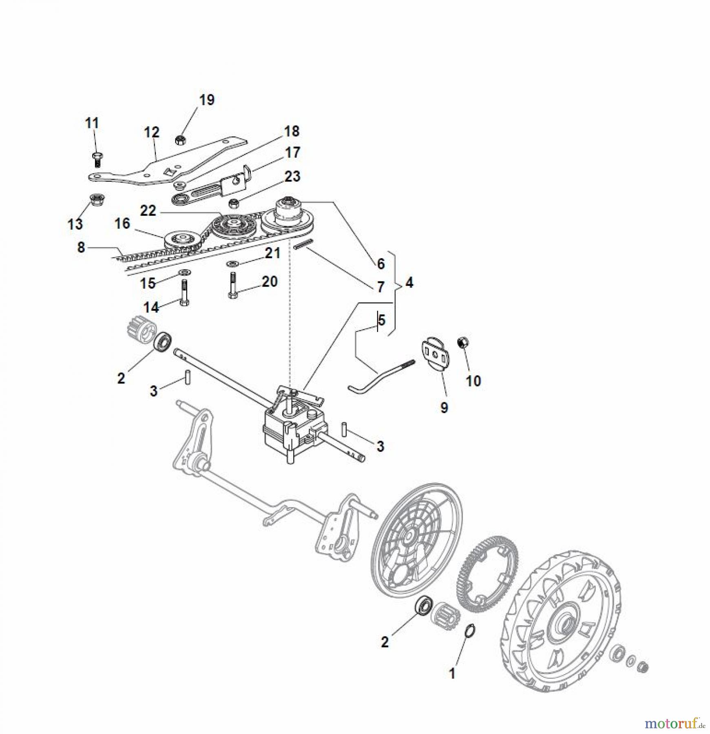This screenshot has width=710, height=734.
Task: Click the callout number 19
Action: pyautogui.click(x=207, y=100)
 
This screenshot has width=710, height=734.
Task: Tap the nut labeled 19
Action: pyautogui.click(x=179, y=140)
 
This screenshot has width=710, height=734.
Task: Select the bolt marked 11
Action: pyautogui.click(x=97, y=159)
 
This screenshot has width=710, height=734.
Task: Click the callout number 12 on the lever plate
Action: pyautogui.click(x=151, y=132)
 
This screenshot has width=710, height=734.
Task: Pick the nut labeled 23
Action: pyautogui.click(x=233, y=203)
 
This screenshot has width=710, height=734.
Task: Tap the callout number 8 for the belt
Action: pyautogui.click(x=81, y=247)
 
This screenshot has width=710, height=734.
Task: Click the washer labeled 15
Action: pyautogui.click(x=184, y=272)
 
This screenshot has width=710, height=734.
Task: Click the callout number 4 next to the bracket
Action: pyautogui.click(x=409, y=283)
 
